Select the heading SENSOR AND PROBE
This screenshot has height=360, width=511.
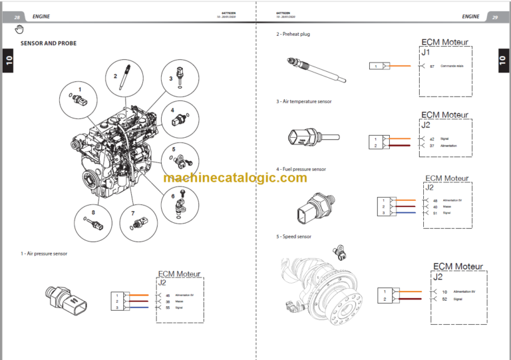coord(49,43)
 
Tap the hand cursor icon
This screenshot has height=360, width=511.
coord(19,29)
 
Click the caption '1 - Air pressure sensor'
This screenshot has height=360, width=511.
coord(44,254)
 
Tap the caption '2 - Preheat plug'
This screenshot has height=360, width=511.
coord(293,34)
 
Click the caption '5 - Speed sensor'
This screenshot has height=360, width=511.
coord(294,236)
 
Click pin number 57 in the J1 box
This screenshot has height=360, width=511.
coord(432,67)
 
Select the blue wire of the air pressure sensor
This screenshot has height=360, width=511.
coord(139,307)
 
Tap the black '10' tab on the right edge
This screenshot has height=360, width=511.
coord(502,63)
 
